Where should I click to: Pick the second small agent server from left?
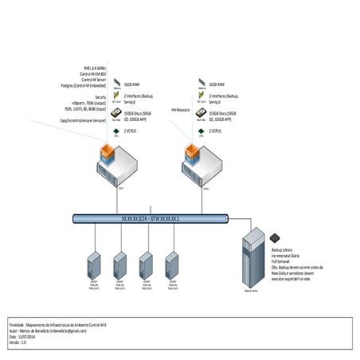(x=120, y=265)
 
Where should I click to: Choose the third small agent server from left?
(x=146, y=265)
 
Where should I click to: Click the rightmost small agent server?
(x=171, y=265)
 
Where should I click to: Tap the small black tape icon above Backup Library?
(x=274, y=237)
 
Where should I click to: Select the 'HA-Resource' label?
(x=182, y=109)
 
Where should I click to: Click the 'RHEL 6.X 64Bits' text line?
(x=93, y=68)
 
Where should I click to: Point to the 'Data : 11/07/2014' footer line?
(x=27, y=336)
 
